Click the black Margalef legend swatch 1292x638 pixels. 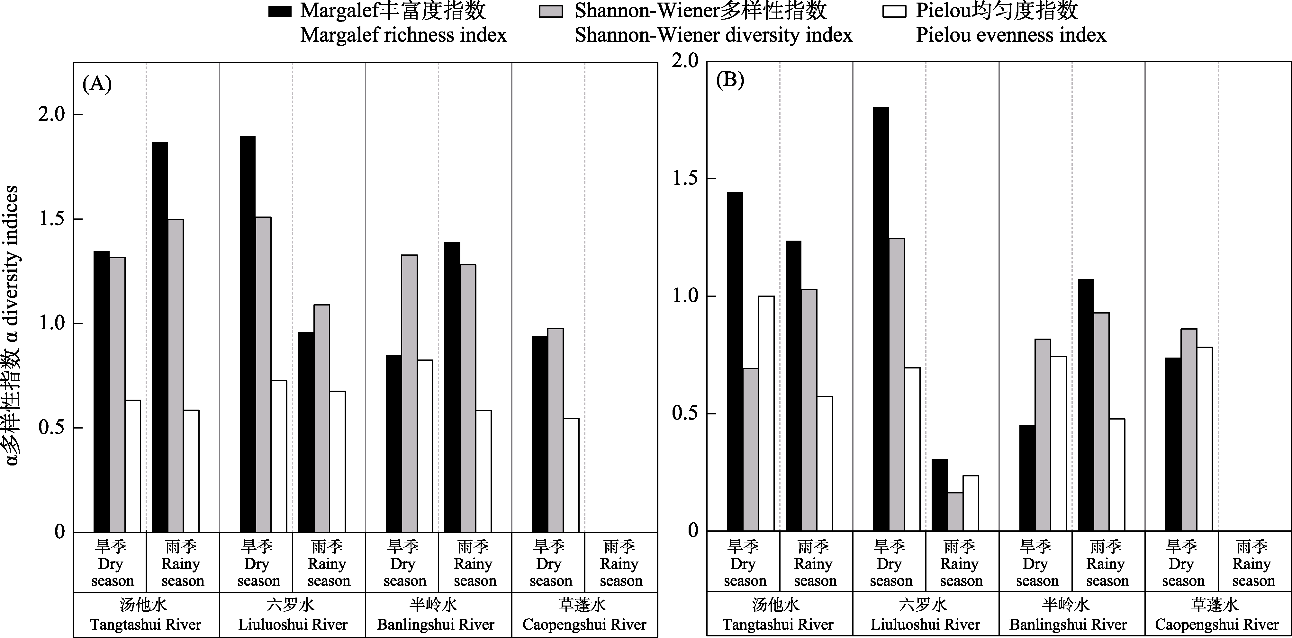click(279, 11)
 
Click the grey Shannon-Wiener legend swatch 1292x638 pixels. click(551, 11)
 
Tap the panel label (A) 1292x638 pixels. click(97, 84)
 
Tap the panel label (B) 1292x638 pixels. click(730, 80)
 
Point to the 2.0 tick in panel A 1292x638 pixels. click(52, 115)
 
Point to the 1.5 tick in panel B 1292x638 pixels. click(686, 179)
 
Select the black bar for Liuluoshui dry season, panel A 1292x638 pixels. click(247, 334)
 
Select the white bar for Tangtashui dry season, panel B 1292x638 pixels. click(766, 413)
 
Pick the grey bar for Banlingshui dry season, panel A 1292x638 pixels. click(409, 394)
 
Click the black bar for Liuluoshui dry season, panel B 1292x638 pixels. click(881, 319)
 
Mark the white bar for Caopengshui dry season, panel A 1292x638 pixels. click(571, 475)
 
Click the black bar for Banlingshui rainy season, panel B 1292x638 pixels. click(1085, 405)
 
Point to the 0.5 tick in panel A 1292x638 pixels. click(52, 428)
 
